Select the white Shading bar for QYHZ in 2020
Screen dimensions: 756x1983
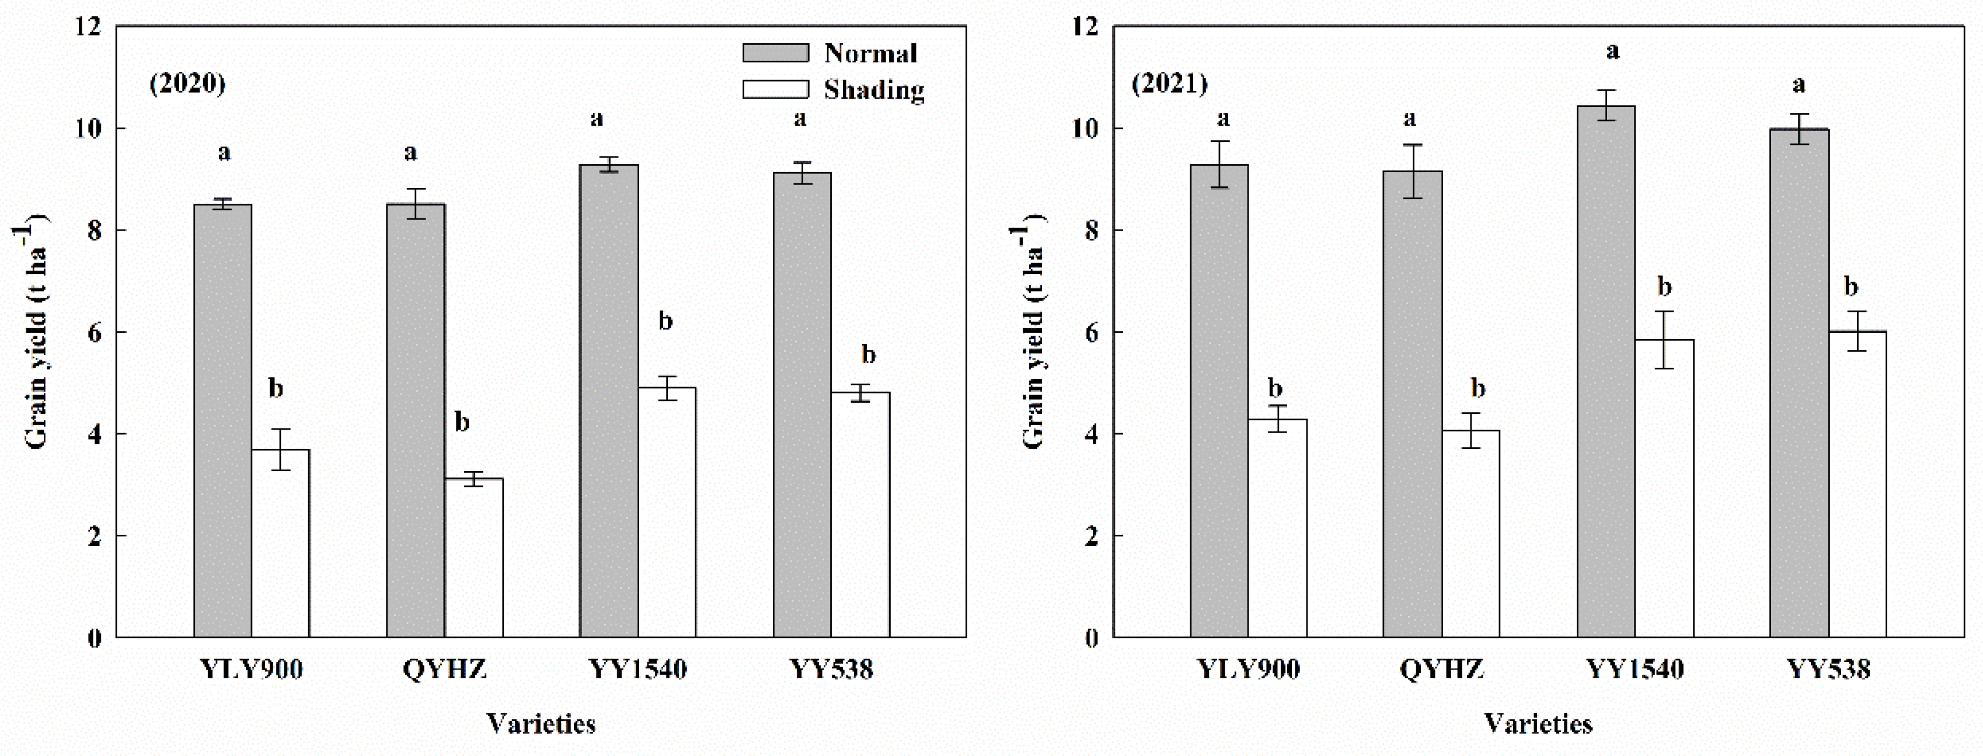(x=474, y=558)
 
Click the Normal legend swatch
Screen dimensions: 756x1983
(x=775, y=53)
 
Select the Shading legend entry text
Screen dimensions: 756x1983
(x=874, y=90)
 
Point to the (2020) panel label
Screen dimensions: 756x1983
(x=187, y=82)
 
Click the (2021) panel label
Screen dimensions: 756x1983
(x=1169, y=82)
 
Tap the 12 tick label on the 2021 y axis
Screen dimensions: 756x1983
(x=1086, y=27)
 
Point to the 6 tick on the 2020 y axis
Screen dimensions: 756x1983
(x=94, y=333)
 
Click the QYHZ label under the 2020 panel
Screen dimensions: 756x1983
(x=445, y=669)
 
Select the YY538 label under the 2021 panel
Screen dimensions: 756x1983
(x=1828, y=669)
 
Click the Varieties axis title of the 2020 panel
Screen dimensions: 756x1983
(x=541, y=724)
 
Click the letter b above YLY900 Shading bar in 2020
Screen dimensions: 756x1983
(x=276, y=388)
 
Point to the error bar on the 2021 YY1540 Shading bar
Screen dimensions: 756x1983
(x=1664, y=340)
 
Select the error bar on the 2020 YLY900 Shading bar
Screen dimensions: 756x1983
(x=281, y=450)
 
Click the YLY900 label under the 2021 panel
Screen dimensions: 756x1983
(x=1248, y=669)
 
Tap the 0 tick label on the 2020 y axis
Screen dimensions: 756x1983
(x=94, y=638)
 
